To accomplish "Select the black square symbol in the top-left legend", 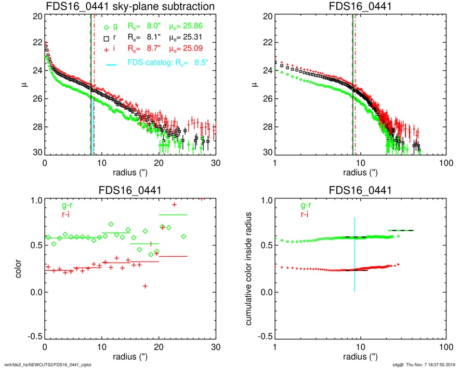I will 106,38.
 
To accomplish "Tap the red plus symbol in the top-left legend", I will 106,49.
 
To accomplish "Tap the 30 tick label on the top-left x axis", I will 216,163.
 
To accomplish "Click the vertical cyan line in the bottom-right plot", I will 354,255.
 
